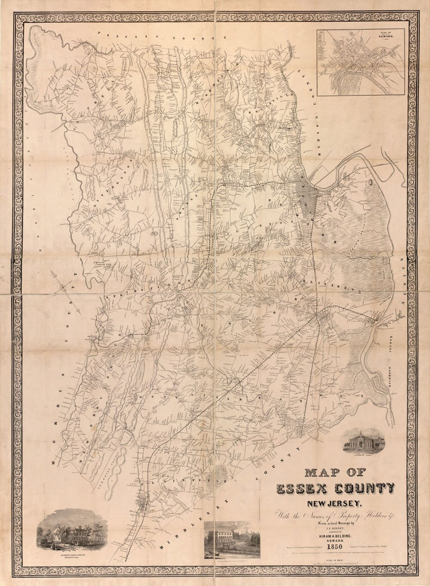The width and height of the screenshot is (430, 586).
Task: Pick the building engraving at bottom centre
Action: pos(232,540)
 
